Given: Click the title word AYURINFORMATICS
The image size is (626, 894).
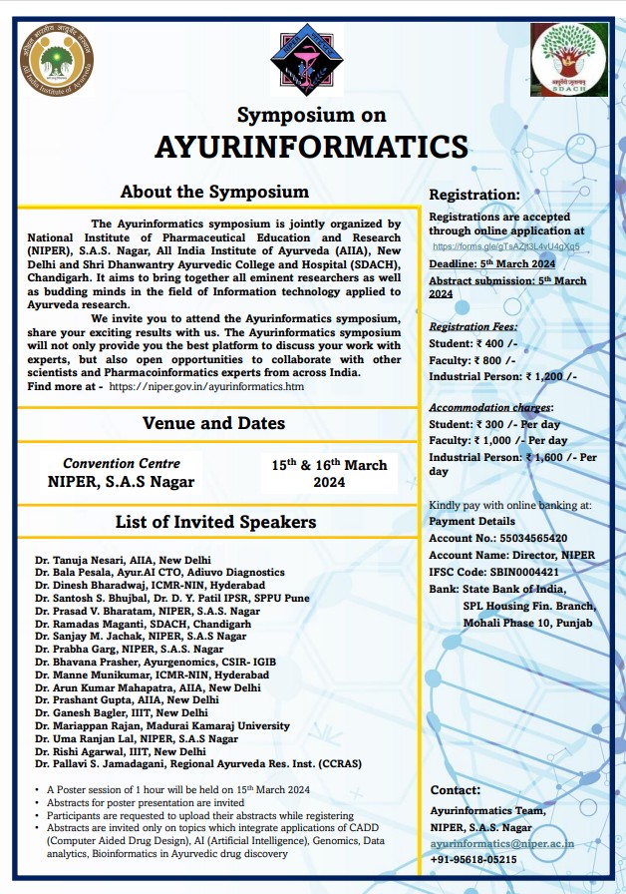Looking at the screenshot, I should coord(311,146).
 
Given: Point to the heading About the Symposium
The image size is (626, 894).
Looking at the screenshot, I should coord(214,192).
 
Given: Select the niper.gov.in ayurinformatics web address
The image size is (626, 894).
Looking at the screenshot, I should coord(206,386).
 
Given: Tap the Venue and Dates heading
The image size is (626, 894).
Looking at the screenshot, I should coord(213,423).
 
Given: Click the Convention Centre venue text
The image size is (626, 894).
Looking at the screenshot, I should coord(122,464).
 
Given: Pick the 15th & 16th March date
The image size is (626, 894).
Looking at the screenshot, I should coord(329,473).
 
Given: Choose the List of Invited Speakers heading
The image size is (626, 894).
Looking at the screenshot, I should coord(215,522).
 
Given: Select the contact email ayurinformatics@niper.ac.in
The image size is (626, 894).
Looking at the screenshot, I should coord(502,843).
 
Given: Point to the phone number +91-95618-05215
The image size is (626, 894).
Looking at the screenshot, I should coord(473,859).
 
